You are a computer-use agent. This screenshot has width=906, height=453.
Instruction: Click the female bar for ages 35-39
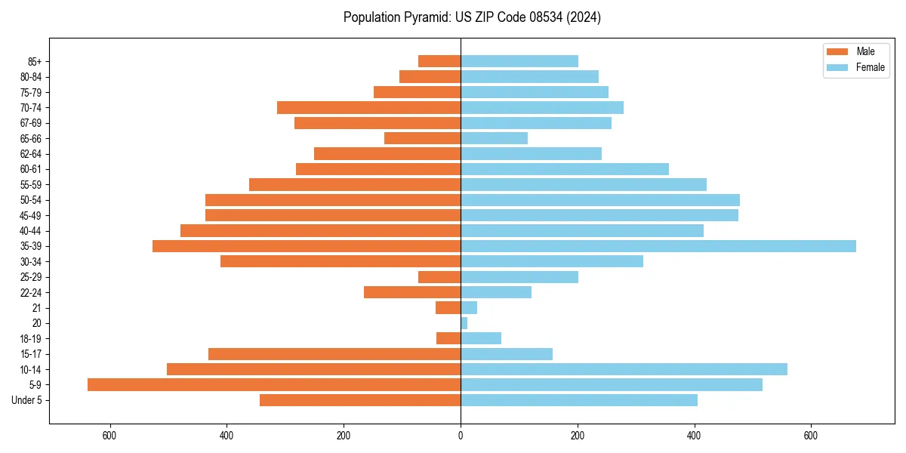click(658, 246)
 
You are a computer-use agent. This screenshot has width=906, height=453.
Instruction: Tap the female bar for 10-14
click(624, 369)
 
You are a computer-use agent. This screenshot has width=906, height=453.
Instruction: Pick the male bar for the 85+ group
click(439, 61)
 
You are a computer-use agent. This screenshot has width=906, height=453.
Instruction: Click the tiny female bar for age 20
click(464, 323)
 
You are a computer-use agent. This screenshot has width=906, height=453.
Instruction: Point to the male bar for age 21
click(448, 308)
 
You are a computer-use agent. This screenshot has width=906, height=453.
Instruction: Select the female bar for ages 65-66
click(494, 138)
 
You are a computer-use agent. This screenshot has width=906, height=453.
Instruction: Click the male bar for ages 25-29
click(439, 277)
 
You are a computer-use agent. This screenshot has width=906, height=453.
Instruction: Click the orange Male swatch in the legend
click(837, 51)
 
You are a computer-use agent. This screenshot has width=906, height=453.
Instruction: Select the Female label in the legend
click(870, 67)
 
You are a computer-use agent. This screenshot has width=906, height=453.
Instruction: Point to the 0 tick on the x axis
click(461, 436)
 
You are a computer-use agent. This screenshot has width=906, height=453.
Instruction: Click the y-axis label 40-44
click(31, 231)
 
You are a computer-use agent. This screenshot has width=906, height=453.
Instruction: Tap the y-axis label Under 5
click(27, 400)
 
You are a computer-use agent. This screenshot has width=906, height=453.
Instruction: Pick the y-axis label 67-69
click(31, 123)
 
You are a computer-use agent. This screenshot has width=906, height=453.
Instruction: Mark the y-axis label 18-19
click(31, 339)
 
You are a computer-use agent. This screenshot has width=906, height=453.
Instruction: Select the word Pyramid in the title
click(426, 17)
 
